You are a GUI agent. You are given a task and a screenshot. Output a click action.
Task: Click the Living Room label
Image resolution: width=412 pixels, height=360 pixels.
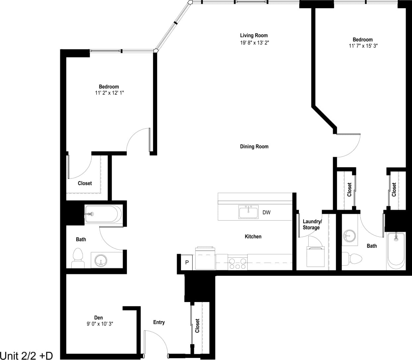point(254,35)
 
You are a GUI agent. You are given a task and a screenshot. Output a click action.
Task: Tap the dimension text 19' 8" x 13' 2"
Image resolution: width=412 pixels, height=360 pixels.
point(254,43)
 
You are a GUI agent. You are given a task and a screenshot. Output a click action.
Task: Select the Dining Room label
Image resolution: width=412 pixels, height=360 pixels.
point(254,146)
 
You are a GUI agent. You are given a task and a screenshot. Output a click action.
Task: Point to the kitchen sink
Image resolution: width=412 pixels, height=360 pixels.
point(248,212)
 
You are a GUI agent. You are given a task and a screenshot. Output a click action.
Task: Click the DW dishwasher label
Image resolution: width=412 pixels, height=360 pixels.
point(266,213)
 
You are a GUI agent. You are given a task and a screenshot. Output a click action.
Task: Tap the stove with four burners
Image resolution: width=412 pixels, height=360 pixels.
point(238,262)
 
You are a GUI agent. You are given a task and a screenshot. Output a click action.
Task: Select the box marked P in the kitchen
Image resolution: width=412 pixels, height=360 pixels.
point(187,262)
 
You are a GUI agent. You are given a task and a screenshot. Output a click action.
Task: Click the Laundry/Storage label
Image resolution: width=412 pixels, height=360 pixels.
point(312,225)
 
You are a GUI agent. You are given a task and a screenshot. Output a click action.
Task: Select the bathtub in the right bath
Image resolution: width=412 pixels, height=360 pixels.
point(396,250)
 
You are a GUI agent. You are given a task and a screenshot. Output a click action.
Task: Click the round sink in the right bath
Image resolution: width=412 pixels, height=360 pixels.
point(349,236)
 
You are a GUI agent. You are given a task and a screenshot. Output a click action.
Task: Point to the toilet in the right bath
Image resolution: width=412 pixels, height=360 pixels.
point(353,259)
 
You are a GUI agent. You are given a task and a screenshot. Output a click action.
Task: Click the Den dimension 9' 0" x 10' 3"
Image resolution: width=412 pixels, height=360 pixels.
point(100,324)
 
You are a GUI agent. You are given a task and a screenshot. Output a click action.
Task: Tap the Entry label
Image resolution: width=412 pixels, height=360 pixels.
point(159,322)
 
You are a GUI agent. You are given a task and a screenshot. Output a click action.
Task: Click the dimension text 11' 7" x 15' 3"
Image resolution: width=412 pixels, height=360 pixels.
point(363,46)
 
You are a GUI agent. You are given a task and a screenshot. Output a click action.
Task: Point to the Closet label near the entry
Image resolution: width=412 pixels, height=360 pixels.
point(198,326)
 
